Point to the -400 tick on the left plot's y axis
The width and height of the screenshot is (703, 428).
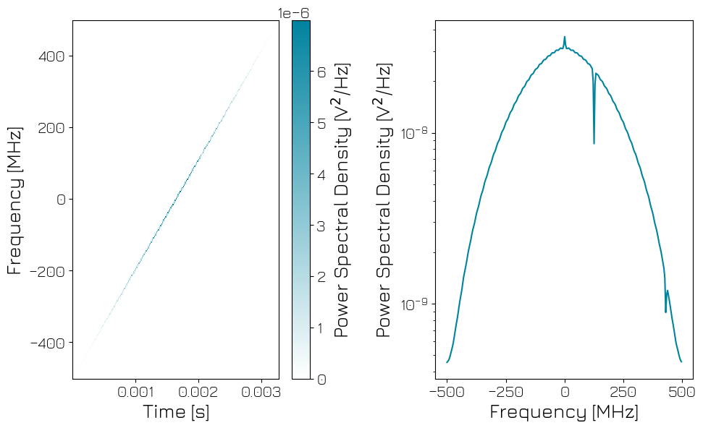(x=47, y=343)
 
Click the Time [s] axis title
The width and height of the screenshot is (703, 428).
(x=176, y=412)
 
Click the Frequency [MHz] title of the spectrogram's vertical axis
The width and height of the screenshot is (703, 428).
(x=14, y=200)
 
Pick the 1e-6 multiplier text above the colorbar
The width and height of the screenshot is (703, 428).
(x=294, y=12)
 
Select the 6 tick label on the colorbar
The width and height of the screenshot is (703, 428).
(x=321, y=72)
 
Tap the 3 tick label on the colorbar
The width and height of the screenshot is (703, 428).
(x=321, y=226)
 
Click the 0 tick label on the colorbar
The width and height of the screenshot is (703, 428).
(x=321, y=379)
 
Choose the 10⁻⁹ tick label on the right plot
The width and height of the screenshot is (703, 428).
(x=415, y=304)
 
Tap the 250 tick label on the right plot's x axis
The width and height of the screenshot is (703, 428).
(x=623, y=393)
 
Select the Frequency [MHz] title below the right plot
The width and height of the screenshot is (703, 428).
(x=564, y=412)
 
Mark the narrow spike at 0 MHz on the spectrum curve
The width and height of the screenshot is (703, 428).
(x=565, y=38)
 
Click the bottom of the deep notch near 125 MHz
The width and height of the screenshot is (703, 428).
(x=594, y=142)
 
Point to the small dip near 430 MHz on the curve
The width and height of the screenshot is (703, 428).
(x=665, y=312)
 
